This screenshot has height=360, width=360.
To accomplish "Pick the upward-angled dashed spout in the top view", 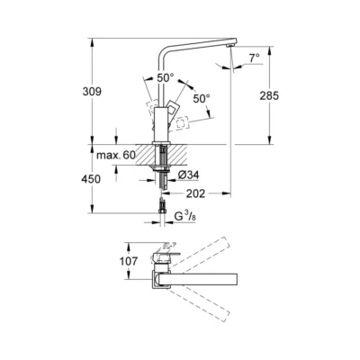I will (x=202, y=256).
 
